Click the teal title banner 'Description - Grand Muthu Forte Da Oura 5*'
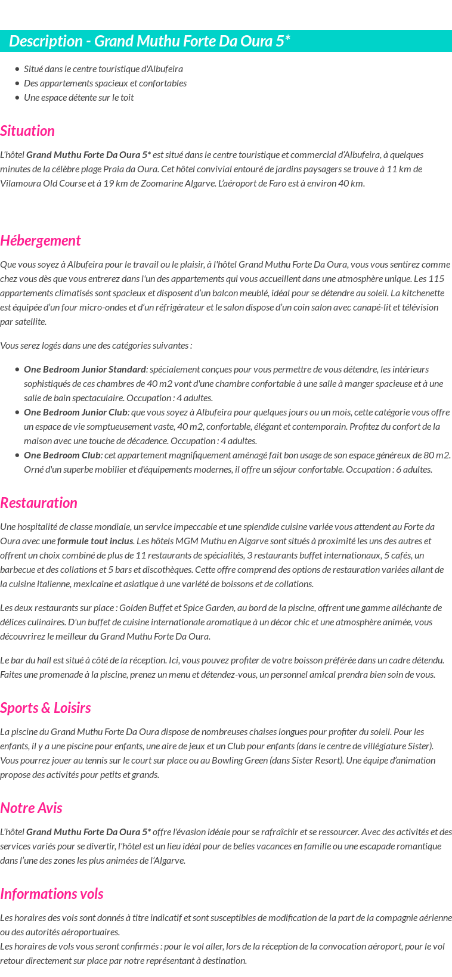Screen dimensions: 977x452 tap(149, 41)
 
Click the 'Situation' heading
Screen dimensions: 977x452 tap(27, 131)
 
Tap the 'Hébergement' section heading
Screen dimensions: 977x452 tap(40, 240)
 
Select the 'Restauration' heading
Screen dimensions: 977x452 tap(39, 503)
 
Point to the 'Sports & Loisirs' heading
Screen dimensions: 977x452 tap(45, 708)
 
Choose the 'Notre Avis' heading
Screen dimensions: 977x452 tap(31, 808)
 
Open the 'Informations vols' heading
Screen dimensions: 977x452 tap(52, 894)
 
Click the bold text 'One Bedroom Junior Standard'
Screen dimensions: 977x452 tap(85, 369)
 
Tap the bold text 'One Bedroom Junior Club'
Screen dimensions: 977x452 tap(76, 412)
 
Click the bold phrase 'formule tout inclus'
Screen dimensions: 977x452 tap(95, 541)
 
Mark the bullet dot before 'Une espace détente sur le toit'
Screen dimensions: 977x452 tap(17, 98)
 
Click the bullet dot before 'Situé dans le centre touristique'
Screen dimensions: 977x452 tap(17, 69)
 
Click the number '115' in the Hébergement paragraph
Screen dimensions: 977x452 tap(436, 278)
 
